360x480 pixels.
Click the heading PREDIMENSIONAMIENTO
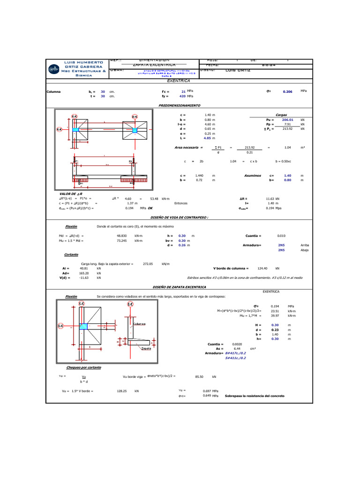pos(180,105)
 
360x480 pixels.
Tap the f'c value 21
pos(183,91)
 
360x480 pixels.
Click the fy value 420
pos(182,96)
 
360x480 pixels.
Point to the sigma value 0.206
pos(287,92)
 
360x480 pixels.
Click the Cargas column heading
pos(281,114)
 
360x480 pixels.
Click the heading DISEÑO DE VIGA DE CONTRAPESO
pos(179,218)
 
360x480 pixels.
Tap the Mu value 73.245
pos(122,240)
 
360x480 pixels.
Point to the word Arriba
pos(305,245)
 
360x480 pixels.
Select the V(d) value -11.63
pos(84,278)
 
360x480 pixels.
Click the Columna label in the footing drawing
pos(139,324)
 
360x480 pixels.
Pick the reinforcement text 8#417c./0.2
pos(236,352)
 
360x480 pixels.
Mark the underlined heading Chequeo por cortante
pos(83,367)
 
